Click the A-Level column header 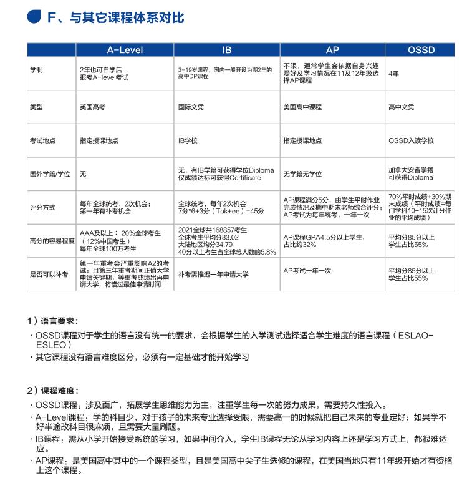pyautogui.click(x=125, y=50)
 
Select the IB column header pyautogui.click(x=228, y=50)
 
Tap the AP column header pyautogui.click(x=332, y=50)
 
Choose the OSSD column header pyautogui.click(x=421, y=50)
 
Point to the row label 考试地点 pyautogui.click(x=42, y=141)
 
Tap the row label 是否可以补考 pyautogui.click(x=49, y=274)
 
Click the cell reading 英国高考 pyautogui.click(x=92, y=107)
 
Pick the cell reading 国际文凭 pyautogui.click(x=191, y=107)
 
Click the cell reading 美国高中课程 pyautogui.click(x=302, y=107)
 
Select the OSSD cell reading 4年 pyautogui.click(x=393, y=73)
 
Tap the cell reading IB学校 pyautogui.click(x=188, y=141)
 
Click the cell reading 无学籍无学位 pyautogui.click(x=302, y=174)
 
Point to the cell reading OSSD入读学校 pyautogui.click(x=411, y=141)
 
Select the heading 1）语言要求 pyautogui.click(x=53, y=321)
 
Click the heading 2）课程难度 pyautogui.click(x=53, y=390)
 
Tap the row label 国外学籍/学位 pyautogui.click(x=49, y=174)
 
